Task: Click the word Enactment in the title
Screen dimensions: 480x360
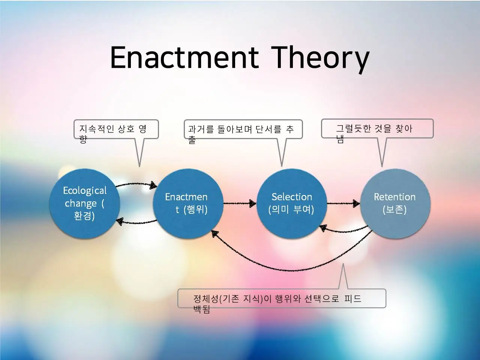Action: click(185, 57)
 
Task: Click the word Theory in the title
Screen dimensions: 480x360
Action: click(321, 59)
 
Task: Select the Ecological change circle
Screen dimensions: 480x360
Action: click(84, 204)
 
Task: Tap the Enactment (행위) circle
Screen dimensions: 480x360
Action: click(188, 204)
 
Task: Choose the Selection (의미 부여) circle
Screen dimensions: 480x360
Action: click(291, 204)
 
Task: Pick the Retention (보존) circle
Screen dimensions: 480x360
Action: click(395, 204)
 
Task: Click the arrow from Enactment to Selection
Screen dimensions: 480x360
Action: click(240, 204)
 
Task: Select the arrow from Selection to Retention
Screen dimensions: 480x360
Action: click(343, 204)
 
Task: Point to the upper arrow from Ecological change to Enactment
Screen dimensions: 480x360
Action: click(136, 184)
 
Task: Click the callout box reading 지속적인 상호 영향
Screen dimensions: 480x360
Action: click(116, 129)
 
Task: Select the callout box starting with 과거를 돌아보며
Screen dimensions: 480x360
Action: click(243, 129)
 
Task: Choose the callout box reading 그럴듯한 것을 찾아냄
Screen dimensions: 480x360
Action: click(377, 129)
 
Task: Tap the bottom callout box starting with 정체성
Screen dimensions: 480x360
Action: click(282, 298)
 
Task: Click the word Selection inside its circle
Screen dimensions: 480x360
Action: click(292, 197)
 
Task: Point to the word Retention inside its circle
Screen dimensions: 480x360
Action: click(395, 197)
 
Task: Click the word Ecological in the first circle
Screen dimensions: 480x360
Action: click(85, 191)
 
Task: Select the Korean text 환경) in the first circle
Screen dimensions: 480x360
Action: click(84, 216)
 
